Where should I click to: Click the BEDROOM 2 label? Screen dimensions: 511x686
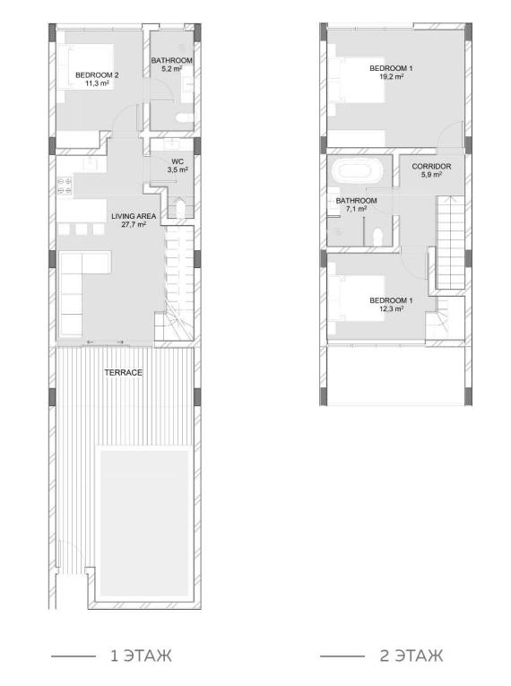point(97,75)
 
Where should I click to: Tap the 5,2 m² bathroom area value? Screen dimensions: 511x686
point(172,69)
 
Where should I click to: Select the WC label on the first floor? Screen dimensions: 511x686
point(178,161)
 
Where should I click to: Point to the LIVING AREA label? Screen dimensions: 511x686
point(134,216)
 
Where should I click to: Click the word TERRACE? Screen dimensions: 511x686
point(124,372)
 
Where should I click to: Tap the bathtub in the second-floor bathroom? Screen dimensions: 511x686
point(358,171)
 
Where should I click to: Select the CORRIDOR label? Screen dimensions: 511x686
point(431,166)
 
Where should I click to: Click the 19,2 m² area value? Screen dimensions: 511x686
point(391,76)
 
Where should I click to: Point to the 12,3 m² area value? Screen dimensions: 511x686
point(391,308)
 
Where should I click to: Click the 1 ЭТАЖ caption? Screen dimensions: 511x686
point(142,656)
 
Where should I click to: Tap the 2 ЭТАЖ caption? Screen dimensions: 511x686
point(411,656)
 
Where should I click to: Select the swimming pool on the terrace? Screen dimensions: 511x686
point(144,524)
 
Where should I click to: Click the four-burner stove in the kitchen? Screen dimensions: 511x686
point(65,185)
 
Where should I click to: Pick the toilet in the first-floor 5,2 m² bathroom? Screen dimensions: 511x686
point(185,117)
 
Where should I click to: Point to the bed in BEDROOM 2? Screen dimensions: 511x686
point(85,66)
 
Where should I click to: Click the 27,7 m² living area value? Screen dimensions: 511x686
point(134,224)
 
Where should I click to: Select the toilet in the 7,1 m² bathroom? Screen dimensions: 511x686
point(377,236)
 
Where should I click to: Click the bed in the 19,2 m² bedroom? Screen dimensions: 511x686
point(356,80)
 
